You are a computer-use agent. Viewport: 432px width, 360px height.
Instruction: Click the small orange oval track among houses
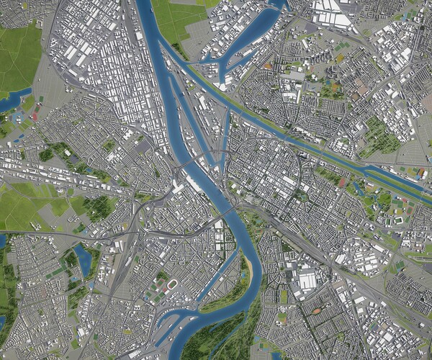coord(316,311)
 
